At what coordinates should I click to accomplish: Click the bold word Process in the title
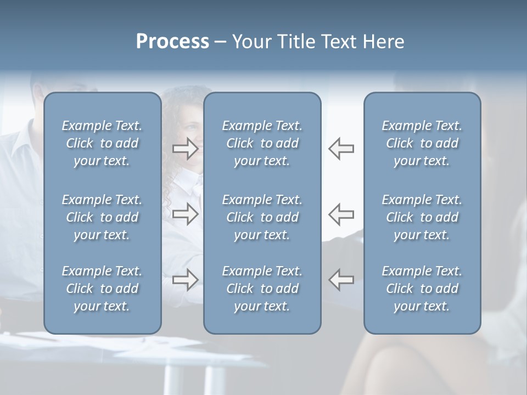(172, 42)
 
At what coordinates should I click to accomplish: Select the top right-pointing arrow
(186, 149)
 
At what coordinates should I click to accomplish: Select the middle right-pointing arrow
(186, 214)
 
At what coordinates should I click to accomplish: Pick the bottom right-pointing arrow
(186, 280)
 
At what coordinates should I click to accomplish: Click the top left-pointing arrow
(341, 149)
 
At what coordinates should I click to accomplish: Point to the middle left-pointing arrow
(341, 214)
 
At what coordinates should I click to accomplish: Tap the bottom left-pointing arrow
(341, 280)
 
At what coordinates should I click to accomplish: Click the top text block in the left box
(102, 143)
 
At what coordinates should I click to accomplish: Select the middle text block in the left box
(102, 217)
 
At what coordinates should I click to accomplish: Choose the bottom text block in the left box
(102, 289)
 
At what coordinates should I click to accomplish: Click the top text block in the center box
(262, 143)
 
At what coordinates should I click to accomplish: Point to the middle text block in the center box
(262, 217)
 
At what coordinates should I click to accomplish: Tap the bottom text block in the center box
(262, 289)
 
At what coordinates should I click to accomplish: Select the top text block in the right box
(422, 143)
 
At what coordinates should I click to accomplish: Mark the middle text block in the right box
(422, 217)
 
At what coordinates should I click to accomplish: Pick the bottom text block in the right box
(422, 289)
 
